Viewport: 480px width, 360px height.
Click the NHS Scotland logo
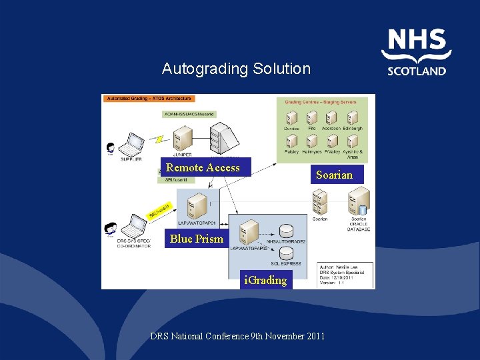417,52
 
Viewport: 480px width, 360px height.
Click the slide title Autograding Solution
236,69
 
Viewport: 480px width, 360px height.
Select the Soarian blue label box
334,175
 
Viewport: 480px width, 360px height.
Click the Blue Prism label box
197,239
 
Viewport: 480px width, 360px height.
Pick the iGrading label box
265,280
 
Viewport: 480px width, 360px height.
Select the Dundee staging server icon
291,118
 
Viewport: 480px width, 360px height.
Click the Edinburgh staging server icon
353,118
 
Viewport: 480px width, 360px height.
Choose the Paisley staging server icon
291,141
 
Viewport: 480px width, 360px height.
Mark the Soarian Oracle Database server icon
359,201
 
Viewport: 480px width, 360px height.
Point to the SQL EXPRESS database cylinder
286,253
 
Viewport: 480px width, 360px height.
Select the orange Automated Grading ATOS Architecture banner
149,99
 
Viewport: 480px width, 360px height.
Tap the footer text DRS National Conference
237,336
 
